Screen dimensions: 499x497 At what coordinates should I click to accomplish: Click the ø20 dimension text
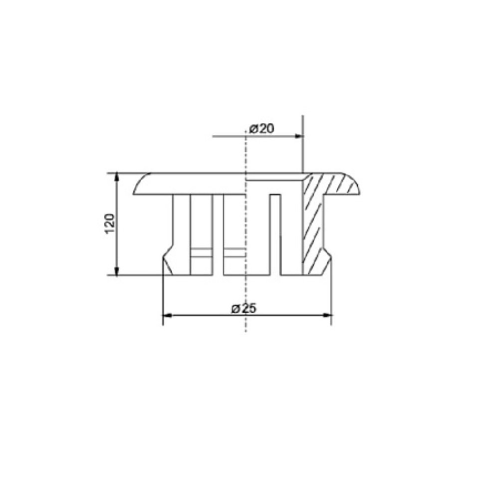261,129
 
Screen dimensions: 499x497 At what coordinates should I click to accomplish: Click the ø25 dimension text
244,308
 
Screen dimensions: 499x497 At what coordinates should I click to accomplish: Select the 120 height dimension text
109,224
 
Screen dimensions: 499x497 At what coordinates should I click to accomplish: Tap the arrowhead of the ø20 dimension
298,136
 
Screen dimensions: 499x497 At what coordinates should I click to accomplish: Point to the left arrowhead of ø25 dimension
167,315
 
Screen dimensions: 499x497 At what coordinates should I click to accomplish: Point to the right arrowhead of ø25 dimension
327,315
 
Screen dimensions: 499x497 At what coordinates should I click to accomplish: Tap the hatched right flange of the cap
337,184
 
